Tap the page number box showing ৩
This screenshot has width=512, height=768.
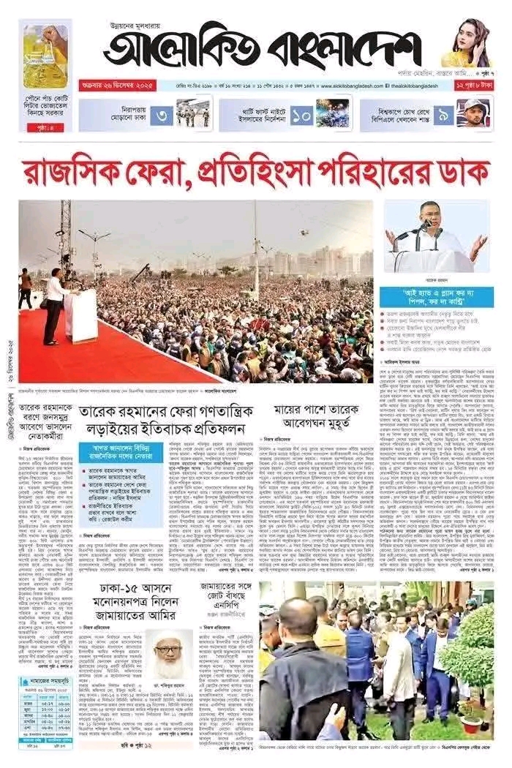(163, 115)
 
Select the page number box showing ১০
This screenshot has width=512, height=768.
(301, 115)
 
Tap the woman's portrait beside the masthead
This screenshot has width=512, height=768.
(467, 44)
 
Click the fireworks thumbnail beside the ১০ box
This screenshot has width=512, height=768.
(332, 114)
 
